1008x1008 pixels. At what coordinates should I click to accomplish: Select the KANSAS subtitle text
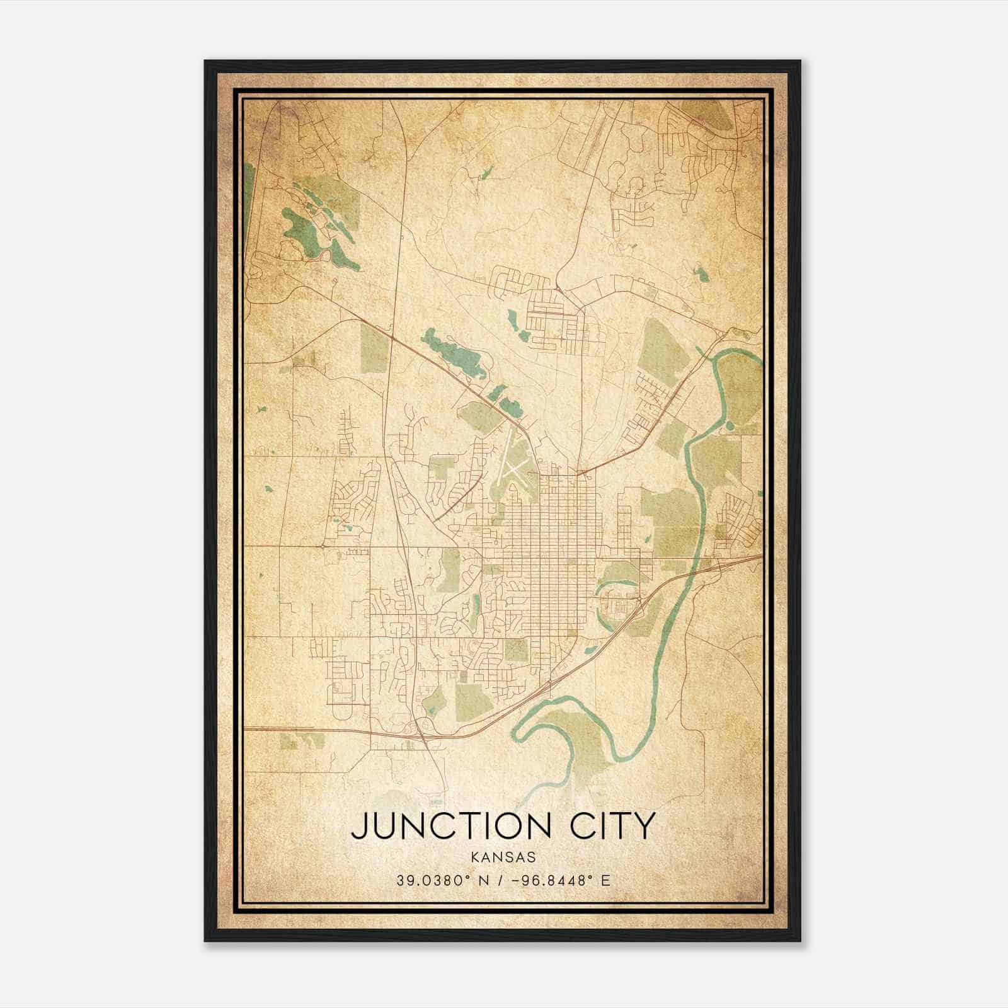click(x=503, y=857)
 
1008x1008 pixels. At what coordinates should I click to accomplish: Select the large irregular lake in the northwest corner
click(x=302, y=233)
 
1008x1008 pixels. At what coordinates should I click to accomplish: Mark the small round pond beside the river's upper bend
click(x=730, y=426)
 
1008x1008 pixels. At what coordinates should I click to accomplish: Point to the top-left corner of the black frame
click(x=206, y=62)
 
